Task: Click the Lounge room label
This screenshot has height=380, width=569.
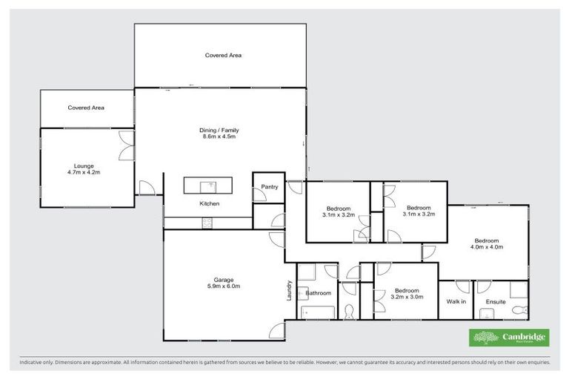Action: click(83, 168)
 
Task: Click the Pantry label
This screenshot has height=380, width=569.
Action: click(270, 187)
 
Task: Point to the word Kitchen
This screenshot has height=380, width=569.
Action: click(209, 203)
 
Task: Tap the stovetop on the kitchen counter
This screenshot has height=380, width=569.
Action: click(207, 223)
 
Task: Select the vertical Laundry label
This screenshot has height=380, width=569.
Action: click(289, 290)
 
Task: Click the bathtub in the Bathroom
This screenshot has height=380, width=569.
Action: click(319, 311)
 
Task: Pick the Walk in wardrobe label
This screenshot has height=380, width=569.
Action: click(456, 301)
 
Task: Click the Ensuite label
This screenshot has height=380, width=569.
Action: click(495, 301)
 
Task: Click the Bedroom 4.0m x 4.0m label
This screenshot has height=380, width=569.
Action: click(487, 244)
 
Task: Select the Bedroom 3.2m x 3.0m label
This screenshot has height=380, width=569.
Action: click(407, 294)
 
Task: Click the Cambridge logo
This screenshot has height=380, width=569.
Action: click(509, 338)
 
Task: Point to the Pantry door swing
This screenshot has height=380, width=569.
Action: click(259, 196)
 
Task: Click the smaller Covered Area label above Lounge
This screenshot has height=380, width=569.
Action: click(86, 108)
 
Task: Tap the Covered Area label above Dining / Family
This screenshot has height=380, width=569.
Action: click(223, 55)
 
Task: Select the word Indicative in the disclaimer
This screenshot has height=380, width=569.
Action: click(32, 363)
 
